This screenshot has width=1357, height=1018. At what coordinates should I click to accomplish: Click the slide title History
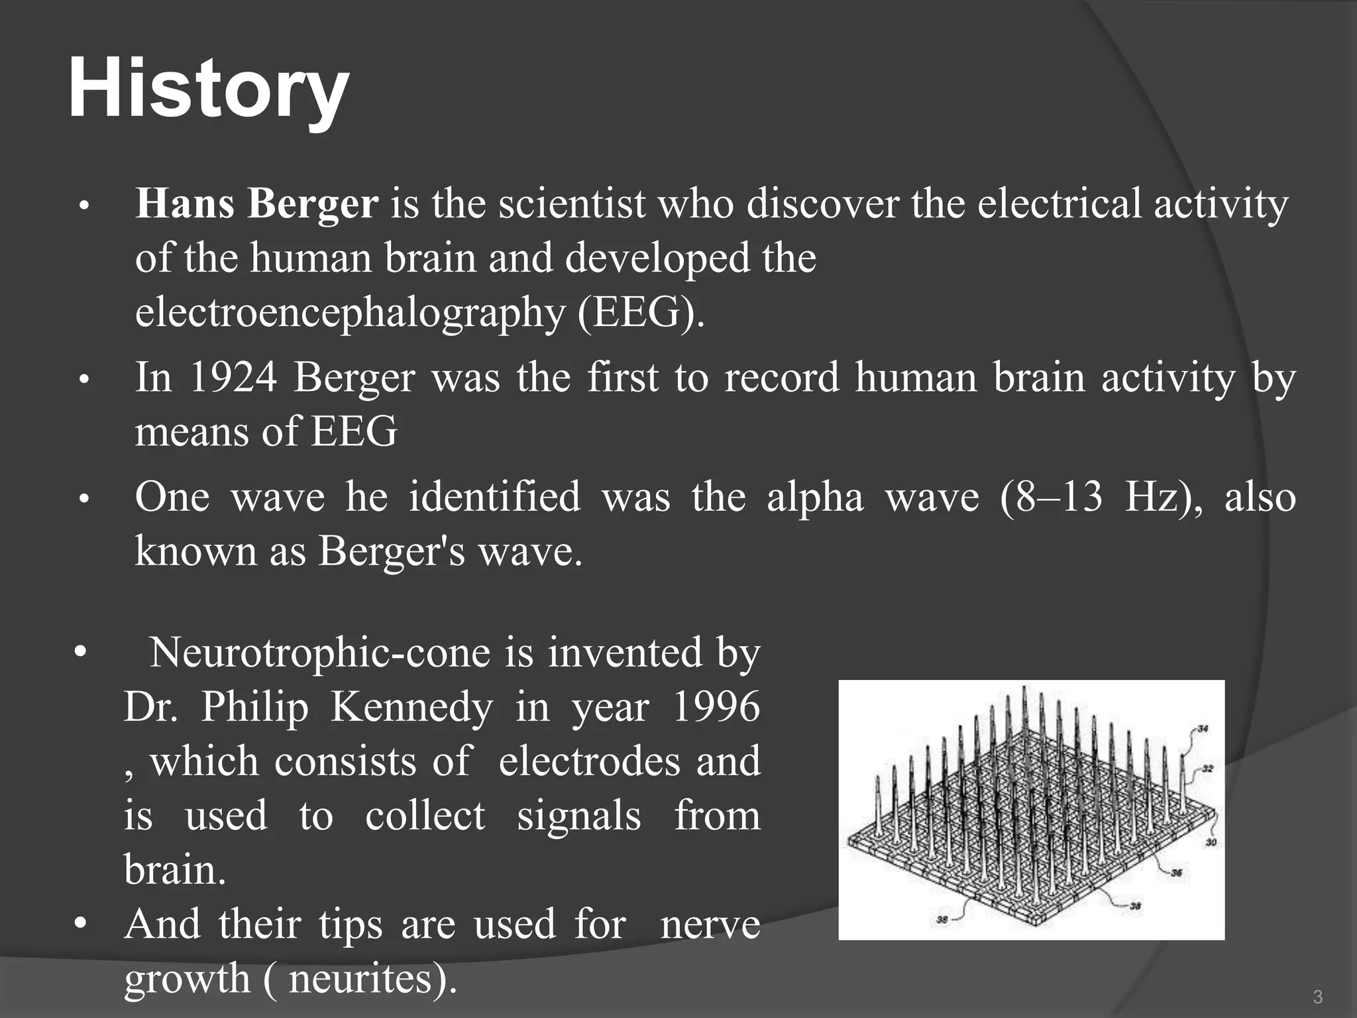208,89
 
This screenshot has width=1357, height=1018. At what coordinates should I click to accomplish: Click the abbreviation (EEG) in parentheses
640,312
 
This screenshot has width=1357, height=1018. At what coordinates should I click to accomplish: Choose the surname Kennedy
411,707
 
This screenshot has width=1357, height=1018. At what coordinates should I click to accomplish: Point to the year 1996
716,707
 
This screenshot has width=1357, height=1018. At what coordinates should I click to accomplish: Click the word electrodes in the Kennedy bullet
589,762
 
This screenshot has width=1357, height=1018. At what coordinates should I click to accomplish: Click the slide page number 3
1318,997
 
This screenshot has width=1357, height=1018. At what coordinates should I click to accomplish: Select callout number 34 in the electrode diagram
1203,728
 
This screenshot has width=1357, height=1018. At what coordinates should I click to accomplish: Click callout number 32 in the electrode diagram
1207,769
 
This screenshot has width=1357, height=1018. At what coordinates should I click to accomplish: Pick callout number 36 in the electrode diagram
1176,873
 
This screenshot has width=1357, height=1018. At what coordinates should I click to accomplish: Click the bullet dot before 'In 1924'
83,380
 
